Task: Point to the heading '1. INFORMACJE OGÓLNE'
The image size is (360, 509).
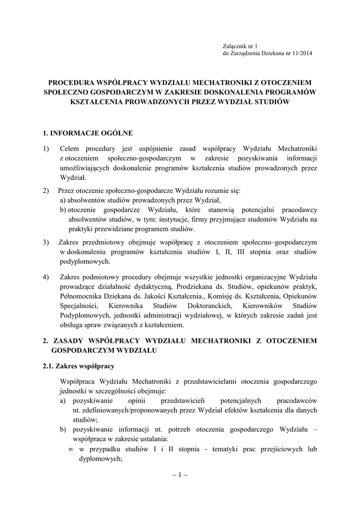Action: [x=88, y=133]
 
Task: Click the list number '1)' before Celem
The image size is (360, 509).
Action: [x=47, y=149]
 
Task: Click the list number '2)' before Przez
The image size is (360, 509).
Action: [x=47, y=190]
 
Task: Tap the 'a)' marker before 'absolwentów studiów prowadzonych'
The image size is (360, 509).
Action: [x=63, y=200]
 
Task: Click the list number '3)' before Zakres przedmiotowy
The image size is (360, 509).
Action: [x=47, y=242]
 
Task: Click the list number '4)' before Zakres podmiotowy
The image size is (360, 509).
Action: [x=47, y=276]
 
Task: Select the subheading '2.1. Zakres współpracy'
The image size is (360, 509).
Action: [x=79, y=366]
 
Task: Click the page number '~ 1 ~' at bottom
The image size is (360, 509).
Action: [x=180, y=475]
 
